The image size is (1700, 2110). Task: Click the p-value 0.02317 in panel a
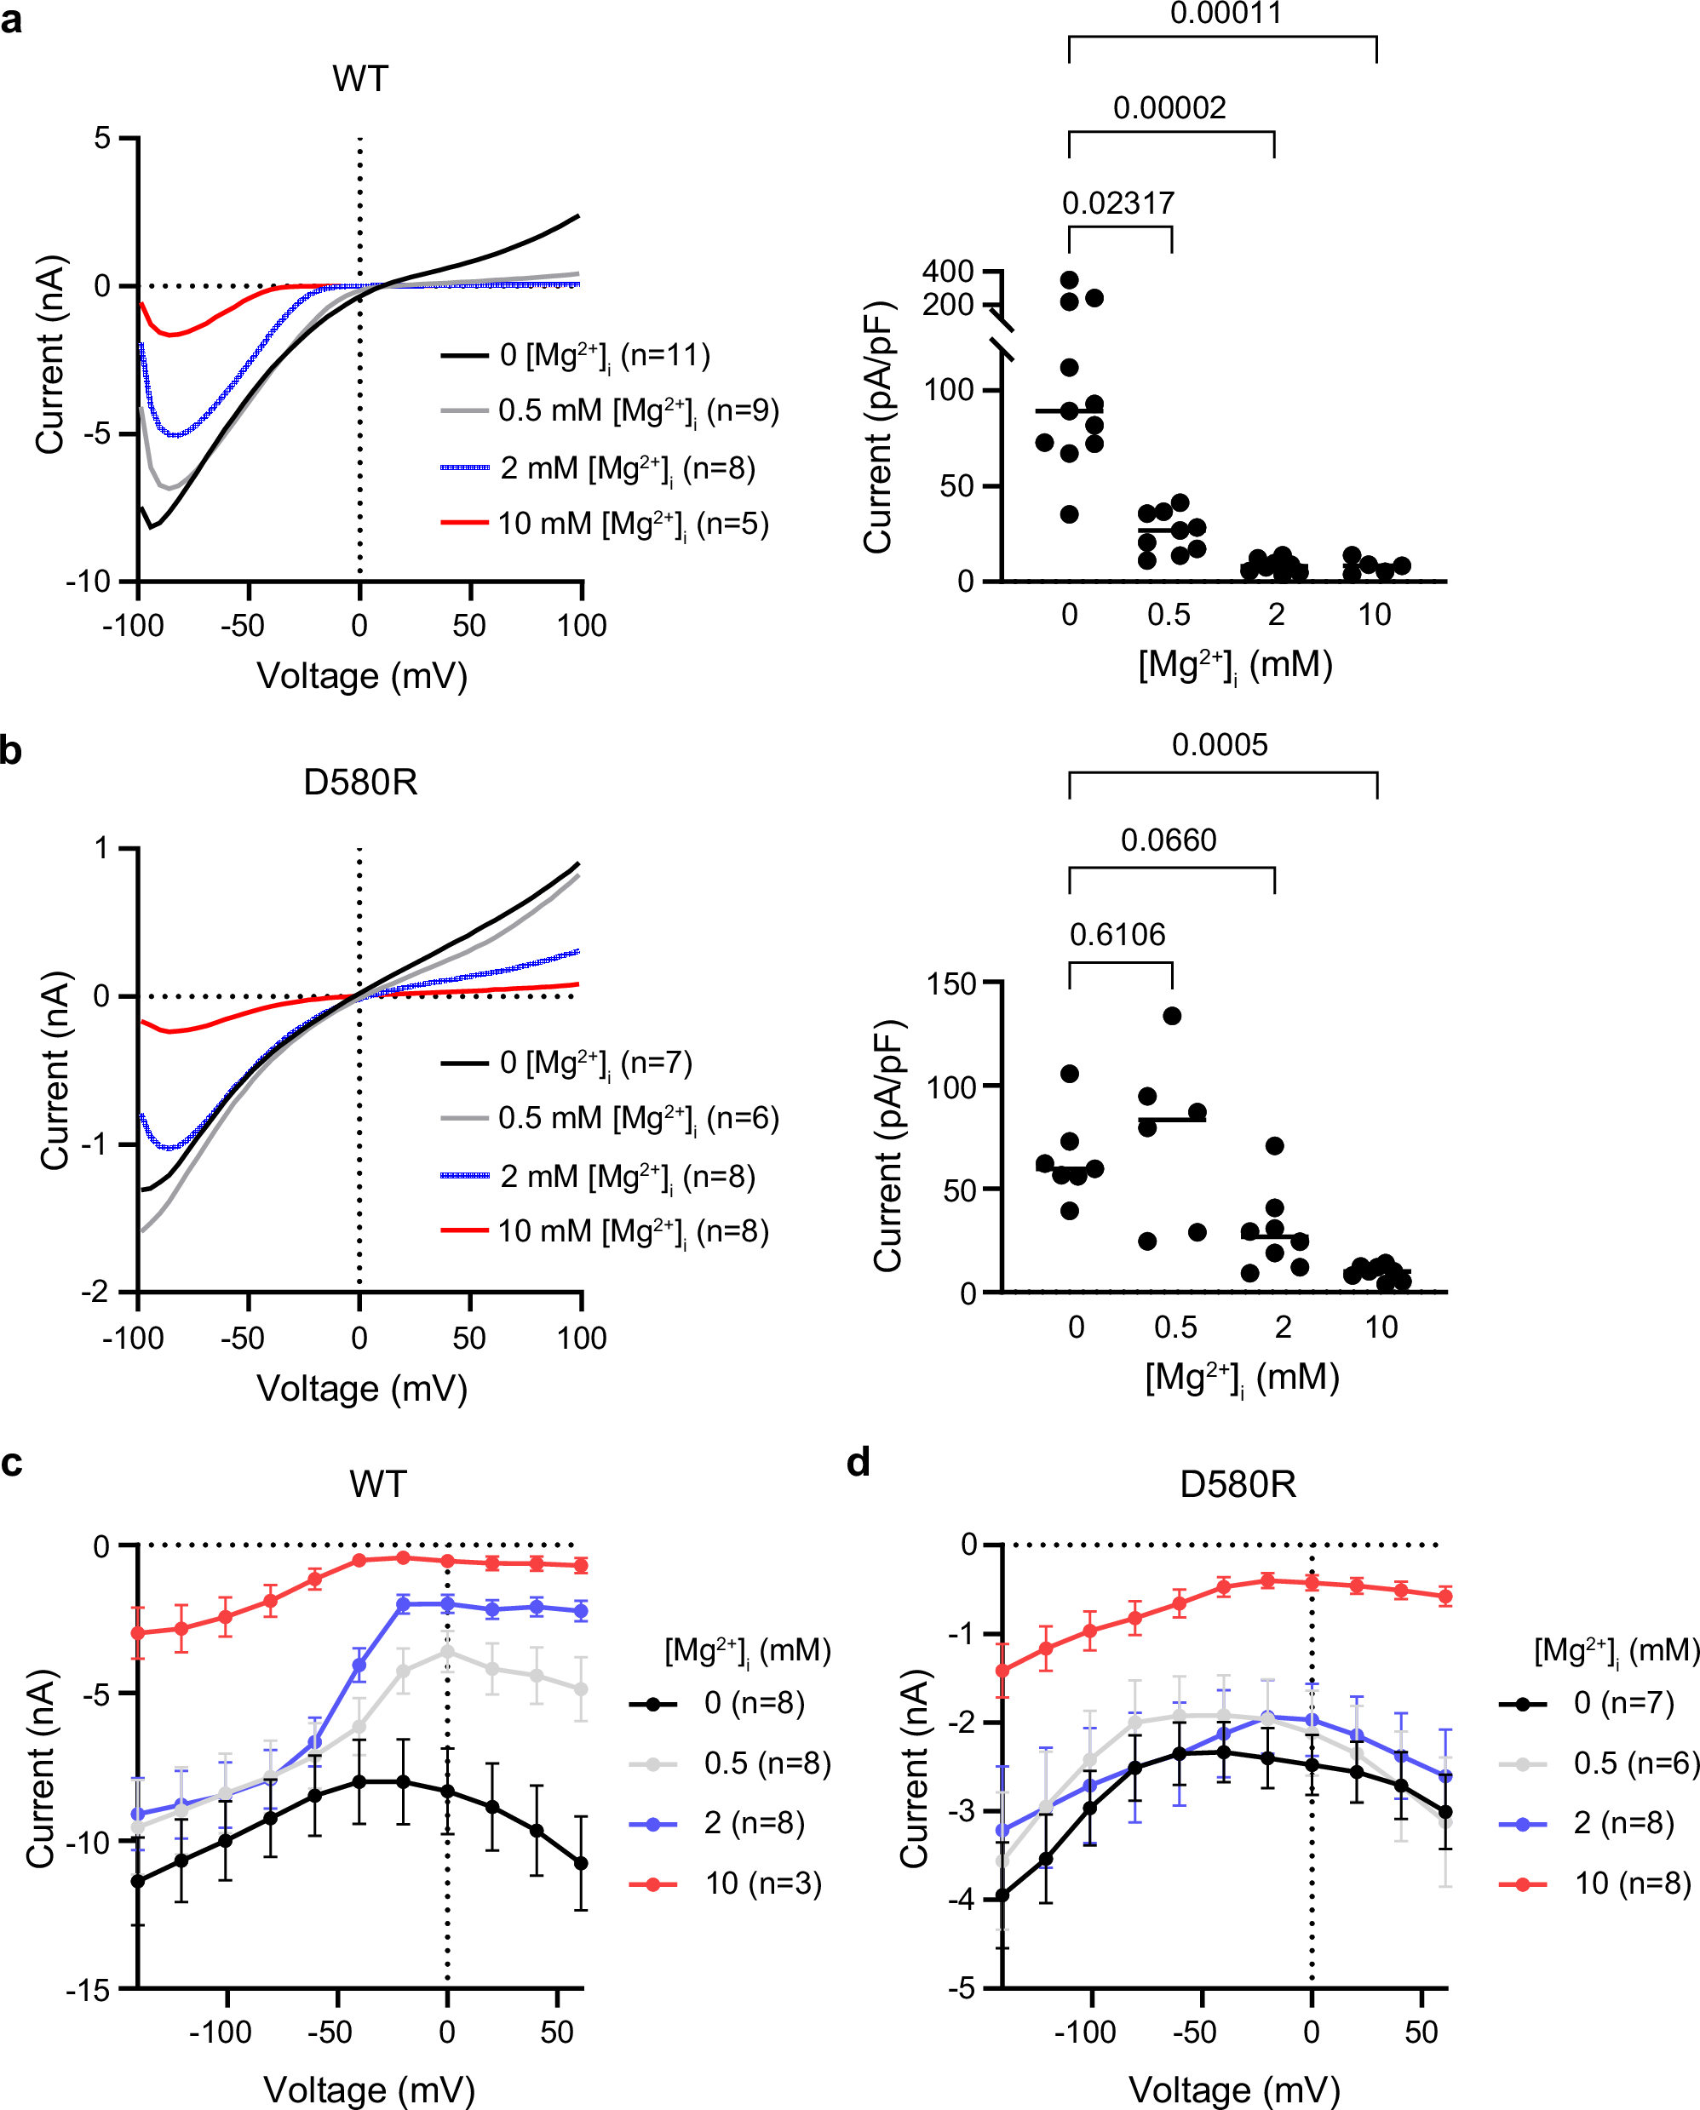tap(1117, 203)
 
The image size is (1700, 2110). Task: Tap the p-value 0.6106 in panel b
tap(1117, 935)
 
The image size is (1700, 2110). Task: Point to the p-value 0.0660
tap(1169, 840)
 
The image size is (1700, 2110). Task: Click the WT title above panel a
tap(360, 78)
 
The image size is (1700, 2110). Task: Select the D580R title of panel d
tap(1237, 1484)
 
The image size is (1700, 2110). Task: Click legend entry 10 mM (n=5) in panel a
tap(633, 524)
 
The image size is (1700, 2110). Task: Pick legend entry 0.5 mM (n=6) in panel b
tap(637, 1118)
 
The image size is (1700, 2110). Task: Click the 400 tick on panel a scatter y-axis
tap(947, 272)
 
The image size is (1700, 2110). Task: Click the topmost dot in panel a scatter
tap(1070, 281)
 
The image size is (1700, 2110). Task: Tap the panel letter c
tap(12, 1463)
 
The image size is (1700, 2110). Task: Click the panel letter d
tap(858, 1463)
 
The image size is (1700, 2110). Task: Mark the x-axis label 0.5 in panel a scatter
tap(1169, 615)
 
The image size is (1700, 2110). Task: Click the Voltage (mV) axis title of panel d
tap(1234, 2090)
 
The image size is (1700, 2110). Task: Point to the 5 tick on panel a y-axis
tap(102, 138)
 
